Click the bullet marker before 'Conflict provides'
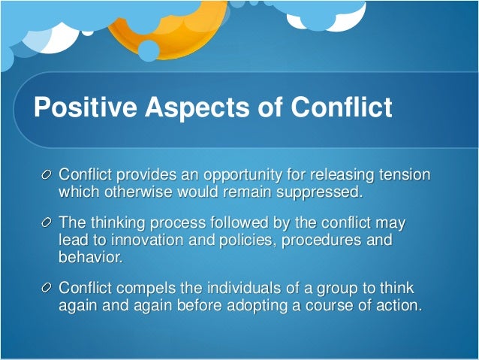pyautogui.click(x=49, y=175)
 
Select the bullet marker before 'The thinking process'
pyautogui.click(x=49, y=223)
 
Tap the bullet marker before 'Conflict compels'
pyautogui.click(x=49, y=289)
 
